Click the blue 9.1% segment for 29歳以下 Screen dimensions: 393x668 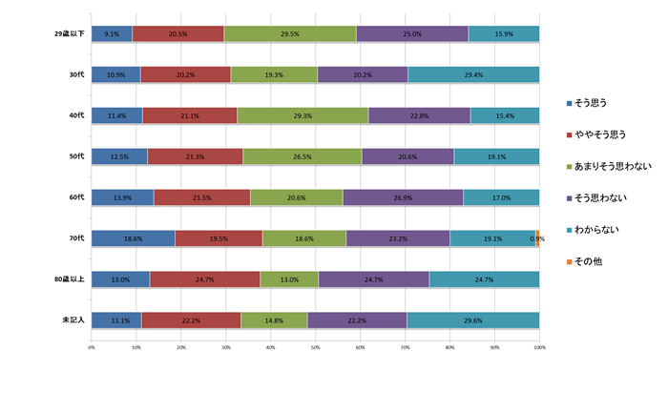pos(112,34)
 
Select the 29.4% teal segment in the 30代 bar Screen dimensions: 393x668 pos(473,74)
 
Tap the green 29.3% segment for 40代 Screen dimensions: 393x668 pos(303,115)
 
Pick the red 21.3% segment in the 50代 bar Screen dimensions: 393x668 pos(195,156)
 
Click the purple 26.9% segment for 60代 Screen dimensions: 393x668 pos(403,197)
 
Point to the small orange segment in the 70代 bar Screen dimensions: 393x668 pos(538,238)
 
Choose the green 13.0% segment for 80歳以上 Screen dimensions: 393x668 pos(289,279)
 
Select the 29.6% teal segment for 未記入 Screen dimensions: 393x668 pos(473,320)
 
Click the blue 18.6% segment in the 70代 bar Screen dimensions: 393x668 pos(133,238)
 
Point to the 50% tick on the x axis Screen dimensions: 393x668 pos(315,346)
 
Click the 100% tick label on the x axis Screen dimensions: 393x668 pos(539,346)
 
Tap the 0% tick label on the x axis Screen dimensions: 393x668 pos(92,346)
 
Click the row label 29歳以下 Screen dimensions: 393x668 pos(71,34)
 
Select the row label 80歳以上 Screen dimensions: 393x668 pos(71,279)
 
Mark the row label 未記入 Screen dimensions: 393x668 pos(74,320)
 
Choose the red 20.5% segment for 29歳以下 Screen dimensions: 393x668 pos(177,34)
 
